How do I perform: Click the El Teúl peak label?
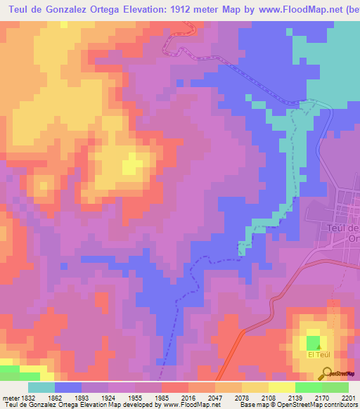tap(319, 355)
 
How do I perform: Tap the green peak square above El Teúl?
tap(313, 342)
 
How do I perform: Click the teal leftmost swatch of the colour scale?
tap(41, 387)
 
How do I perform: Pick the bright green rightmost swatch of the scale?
tap(335, 387)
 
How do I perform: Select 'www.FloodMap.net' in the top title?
tap(295, 10)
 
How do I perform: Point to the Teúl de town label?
tap(344, 228)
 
